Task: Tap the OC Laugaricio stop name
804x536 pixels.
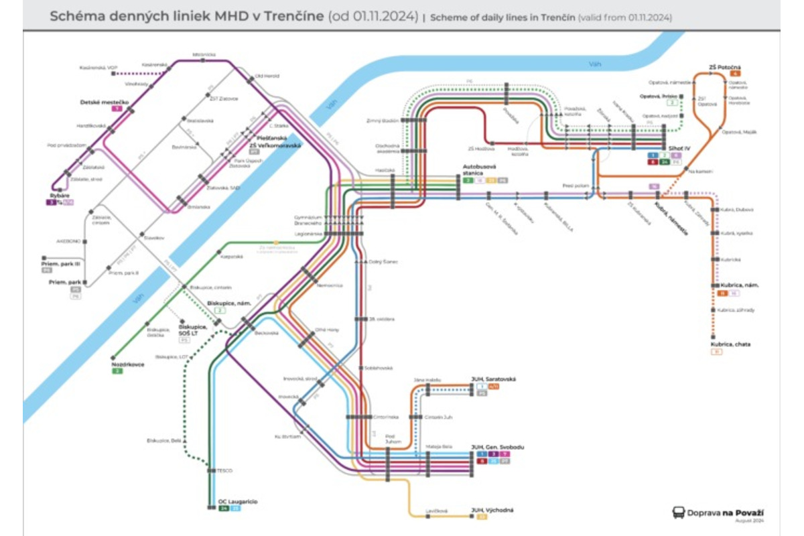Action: click(238, 501)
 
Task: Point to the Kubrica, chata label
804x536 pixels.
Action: click(731, 344)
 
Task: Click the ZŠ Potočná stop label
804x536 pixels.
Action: click(724, 67)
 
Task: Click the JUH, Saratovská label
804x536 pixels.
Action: click(494, 379)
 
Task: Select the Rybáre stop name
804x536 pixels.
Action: click(60, 195)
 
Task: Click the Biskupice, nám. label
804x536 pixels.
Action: click(229, 303)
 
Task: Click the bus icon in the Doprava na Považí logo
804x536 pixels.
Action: click(679, 513)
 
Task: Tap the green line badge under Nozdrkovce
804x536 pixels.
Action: click(117, 371)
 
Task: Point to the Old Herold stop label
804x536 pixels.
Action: click(266, 76)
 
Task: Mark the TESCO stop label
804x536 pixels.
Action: click(224, 470)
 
